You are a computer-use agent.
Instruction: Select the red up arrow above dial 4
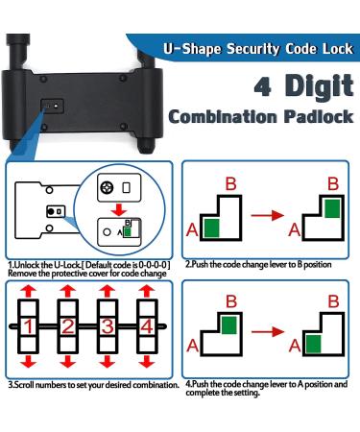(x=146, y=293)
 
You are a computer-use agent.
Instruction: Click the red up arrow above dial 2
(x=68, y=293)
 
